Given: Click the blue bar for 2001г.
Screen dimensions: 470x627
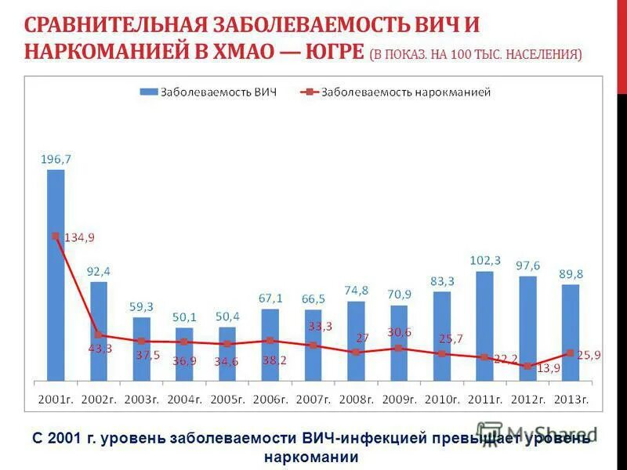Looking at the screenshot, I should click(x=56, y=274).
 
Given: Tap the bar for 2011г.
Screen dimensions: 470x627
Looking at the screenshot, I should click(x=485, y=325).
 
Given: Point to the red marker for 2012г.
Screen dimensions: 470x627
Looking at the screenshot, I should click(x=528, y=366).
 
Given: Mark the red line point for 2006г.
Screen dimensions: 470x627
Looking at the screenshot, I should click(x=270, y=340).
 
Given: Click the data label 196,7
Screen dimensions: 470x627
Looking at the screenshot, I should click(x=56, y=159).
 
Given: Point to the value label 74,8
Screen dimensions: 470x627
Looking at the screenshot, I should click(x=356, y=290).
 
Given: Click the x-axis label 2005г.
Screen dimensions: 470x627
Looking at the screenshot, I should click(x=227, y=399).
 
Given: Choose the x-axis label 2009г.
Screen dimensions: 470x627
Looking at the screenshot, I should click(x=399, y=399).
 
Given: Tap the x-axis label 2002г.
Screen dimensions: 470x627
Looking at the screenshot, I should click(x=98, y=399).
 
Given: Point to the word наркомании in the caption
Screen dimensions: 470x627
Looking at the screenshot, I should click(x=311, y=457).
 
